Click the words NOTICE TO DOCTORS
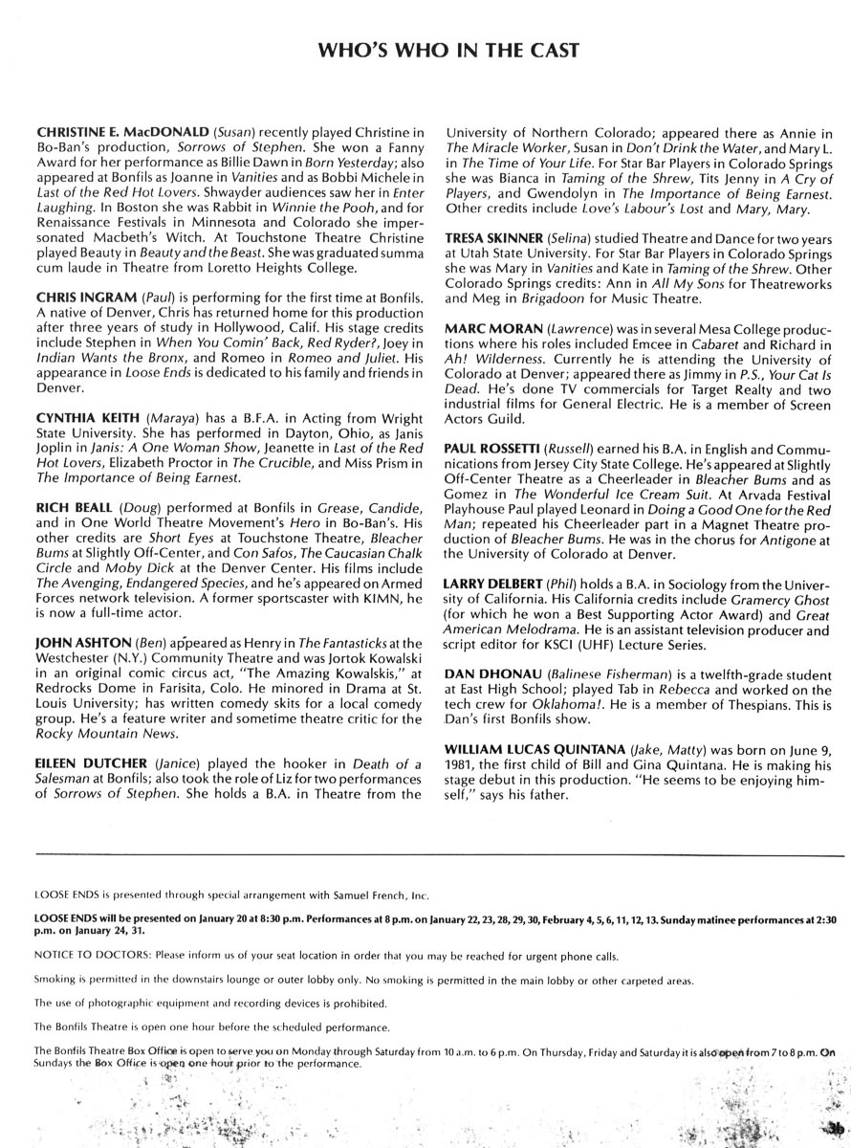(88, 956)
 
